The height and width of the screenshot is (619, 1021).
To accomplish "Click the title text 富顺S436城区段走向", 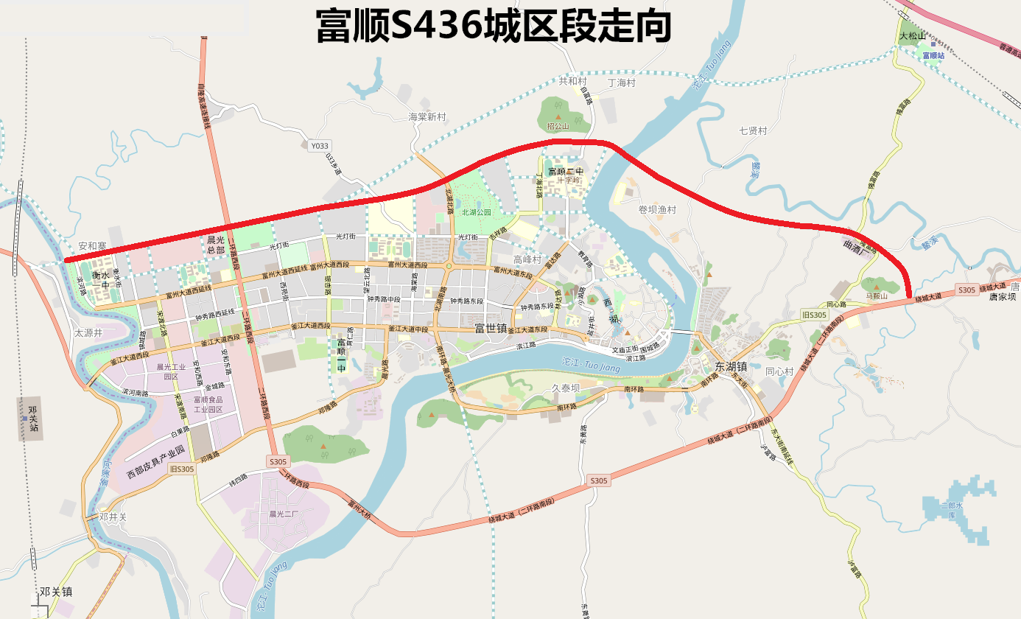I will click(493, 27).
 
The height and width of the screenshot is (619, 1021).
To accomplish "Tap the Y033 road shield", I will click(319, 146).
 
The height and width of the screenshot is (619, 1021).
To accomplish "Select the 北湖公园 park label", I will click(476, 212).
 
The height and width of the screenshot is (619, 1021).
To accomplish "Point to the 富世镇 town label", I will click(491, 328).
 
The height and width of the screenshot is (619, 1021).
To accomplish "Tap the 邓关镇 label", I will click(56, 592).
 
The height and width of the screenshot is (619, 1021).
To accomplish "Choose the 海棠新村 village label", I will click(427, 117).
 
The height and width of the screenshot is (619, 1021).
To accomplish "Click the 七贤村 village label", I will click(753, 130).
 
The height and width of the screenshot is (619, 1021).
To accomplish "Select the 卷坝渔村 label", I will click(657, 209).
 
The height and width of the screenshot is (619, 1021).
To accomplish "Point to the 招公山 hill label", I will click(558, 126).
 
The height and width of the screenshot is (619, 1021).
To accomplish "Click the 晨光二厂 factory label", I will click(283, 514).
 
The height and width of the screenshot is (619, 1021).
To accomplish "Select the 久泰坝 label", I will click(566, 388).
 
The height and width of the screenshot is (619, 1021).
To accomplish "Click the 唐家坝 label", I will click(1002, 297).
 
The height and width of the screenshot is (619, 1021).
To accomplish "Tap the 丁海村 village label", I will click(621, 83).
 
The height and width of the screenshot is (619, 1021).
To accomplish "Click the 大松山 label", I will click(911, 35).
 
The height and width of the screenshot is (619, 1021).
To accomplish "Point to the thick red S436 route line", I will click(295, 213).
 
